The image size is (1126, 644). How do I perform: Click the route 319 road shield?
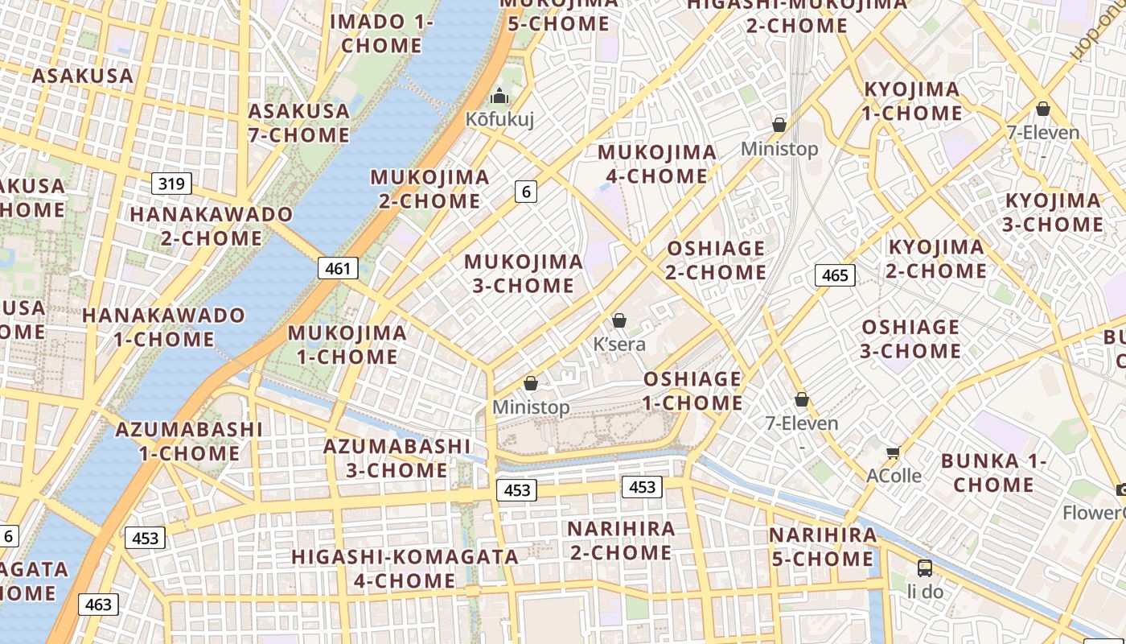(171, 184)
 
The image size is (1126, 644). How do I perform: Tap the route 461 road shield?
(338, 268)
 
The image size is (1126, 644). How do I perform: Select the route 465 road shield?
(835, 275)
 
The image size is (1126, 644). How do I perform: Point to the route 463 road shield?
(98, 604)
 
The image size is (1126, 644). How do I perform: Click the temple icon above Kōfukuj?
(499, 97)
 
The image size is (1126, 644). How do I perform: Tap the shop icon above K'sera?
(619, 320)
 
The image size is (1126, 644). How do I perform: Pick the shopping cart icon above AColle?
(893, 452)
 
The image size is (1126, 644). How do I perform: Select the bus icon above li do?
(925, 568)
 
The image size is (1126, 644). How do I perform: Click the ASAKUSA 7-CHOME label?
(299, 123)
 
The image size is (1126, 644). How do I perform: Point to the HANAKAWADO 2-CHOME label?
(212, 226)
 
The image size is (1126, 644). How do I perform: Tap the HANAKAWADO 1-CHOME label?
(164, 327)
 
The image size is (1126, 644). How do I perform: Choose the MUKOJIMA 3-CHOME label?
(524, 274)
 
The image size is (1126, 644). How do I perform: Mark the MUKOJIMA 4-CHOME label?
(657, 164)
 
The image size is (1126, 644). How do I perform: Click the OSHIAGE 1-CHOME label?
(692, 390)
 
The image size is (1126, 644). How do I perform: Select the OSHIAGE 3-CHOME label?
(910, 339)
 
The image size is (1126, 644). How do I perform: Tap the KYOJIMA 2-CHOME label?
(936, 258)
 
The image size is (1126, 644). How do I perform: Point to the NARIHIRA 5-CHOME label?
(823, 547)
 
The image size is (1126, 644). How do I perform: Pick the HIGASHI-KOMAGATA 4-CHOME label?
(405, 568)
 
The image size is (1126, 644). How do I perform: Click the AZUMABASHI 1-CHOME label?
(189, 441)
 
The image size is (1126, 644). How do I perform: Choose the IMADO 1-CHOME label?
(381, 34)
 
